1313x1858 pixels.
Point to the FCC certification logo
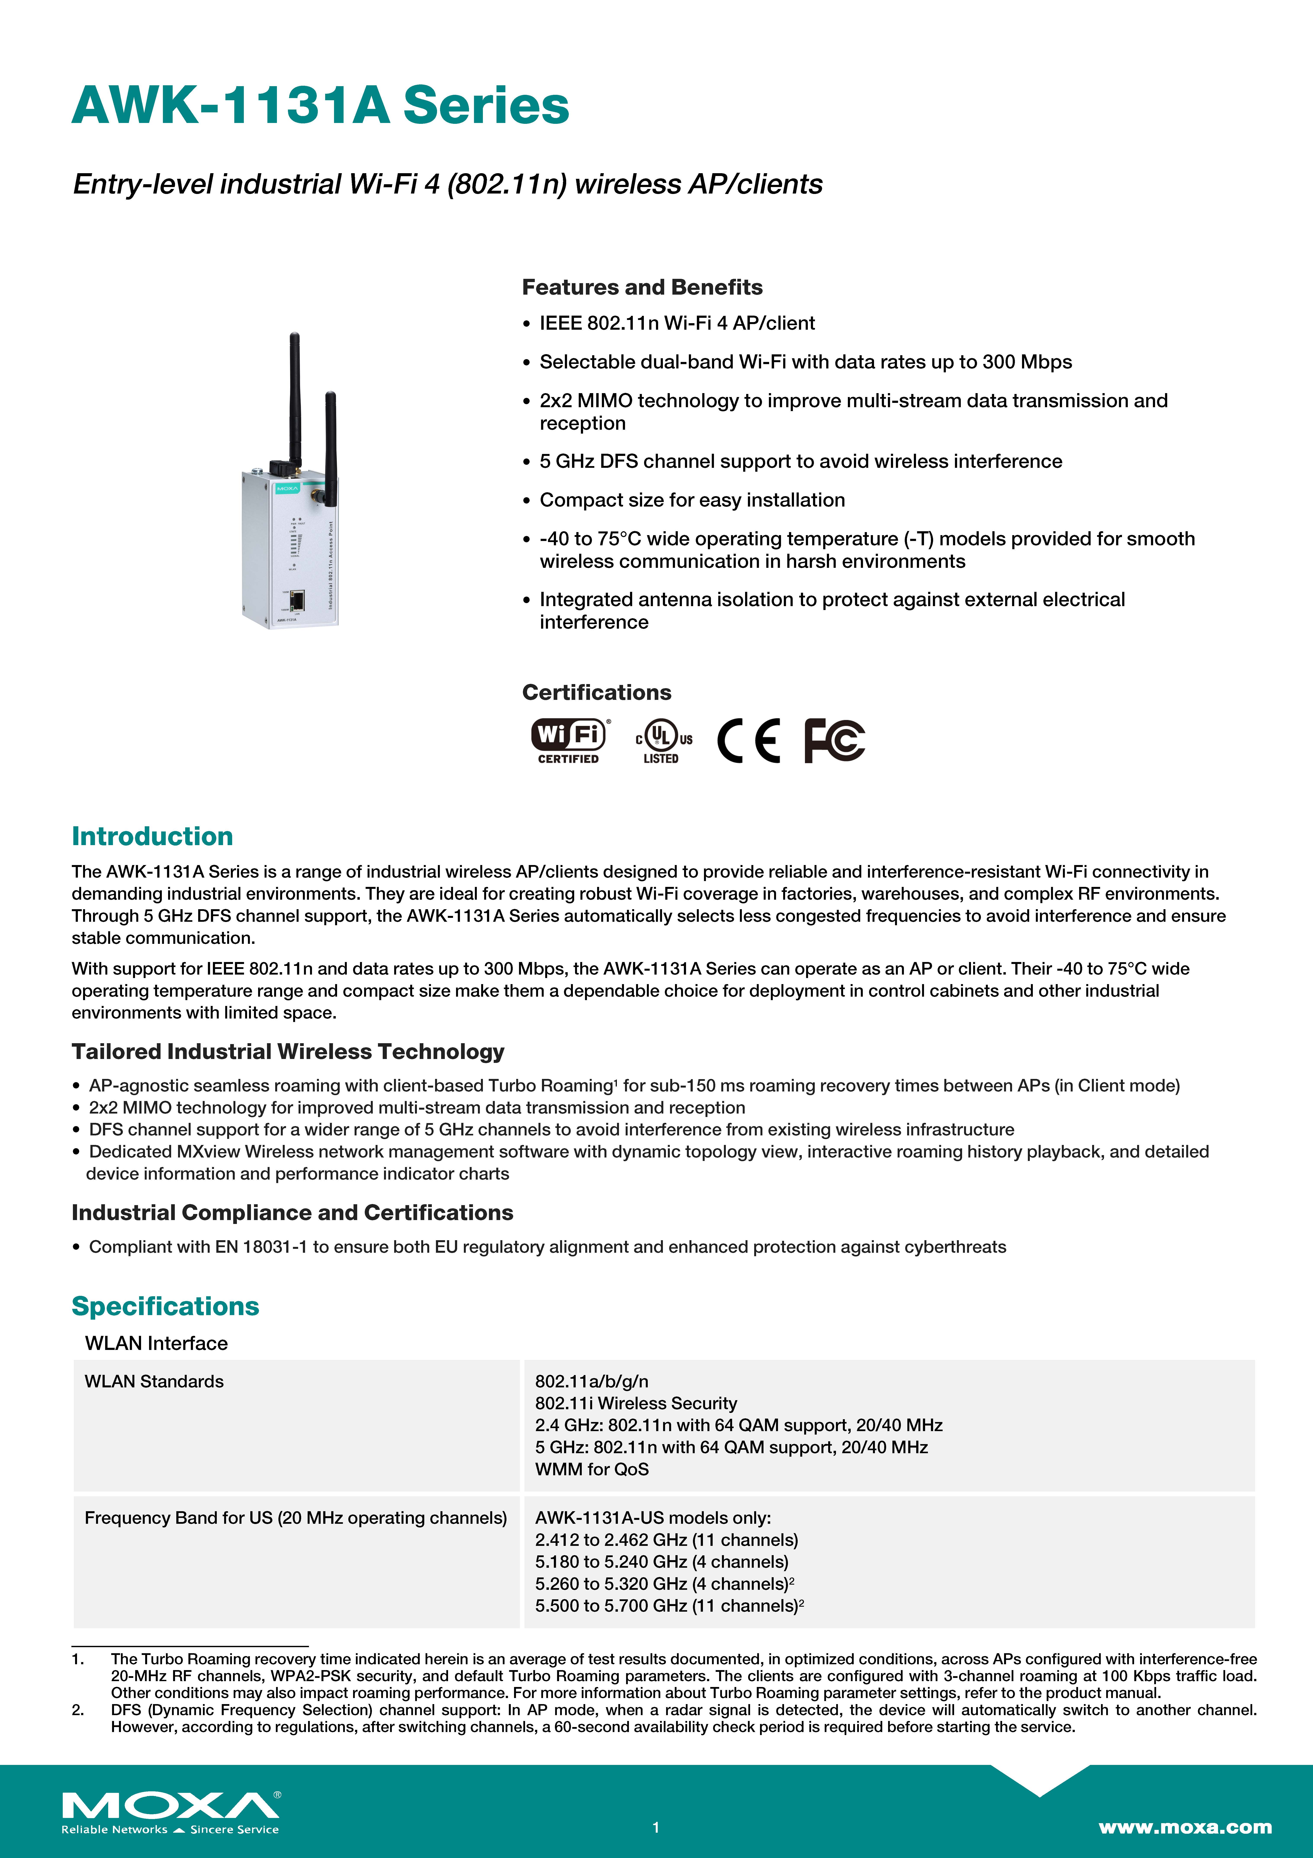coord(834,740)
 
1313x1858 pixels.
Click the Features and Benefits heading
coord(641,287)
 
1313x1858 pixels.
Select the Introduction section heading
coord(152,836)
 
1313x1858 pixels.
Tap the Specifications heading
coord(165,1306)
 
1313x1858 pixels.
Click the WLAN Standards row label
coord(154,1381)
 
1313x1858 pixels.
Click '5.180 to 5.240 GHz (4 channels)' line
coord(661,1562)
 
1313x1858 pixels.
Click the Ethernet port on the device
coord(298,600)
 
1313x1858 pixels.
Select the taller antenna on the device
coord(295,397)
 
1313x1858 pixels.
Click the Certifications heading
coord(596,693)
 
